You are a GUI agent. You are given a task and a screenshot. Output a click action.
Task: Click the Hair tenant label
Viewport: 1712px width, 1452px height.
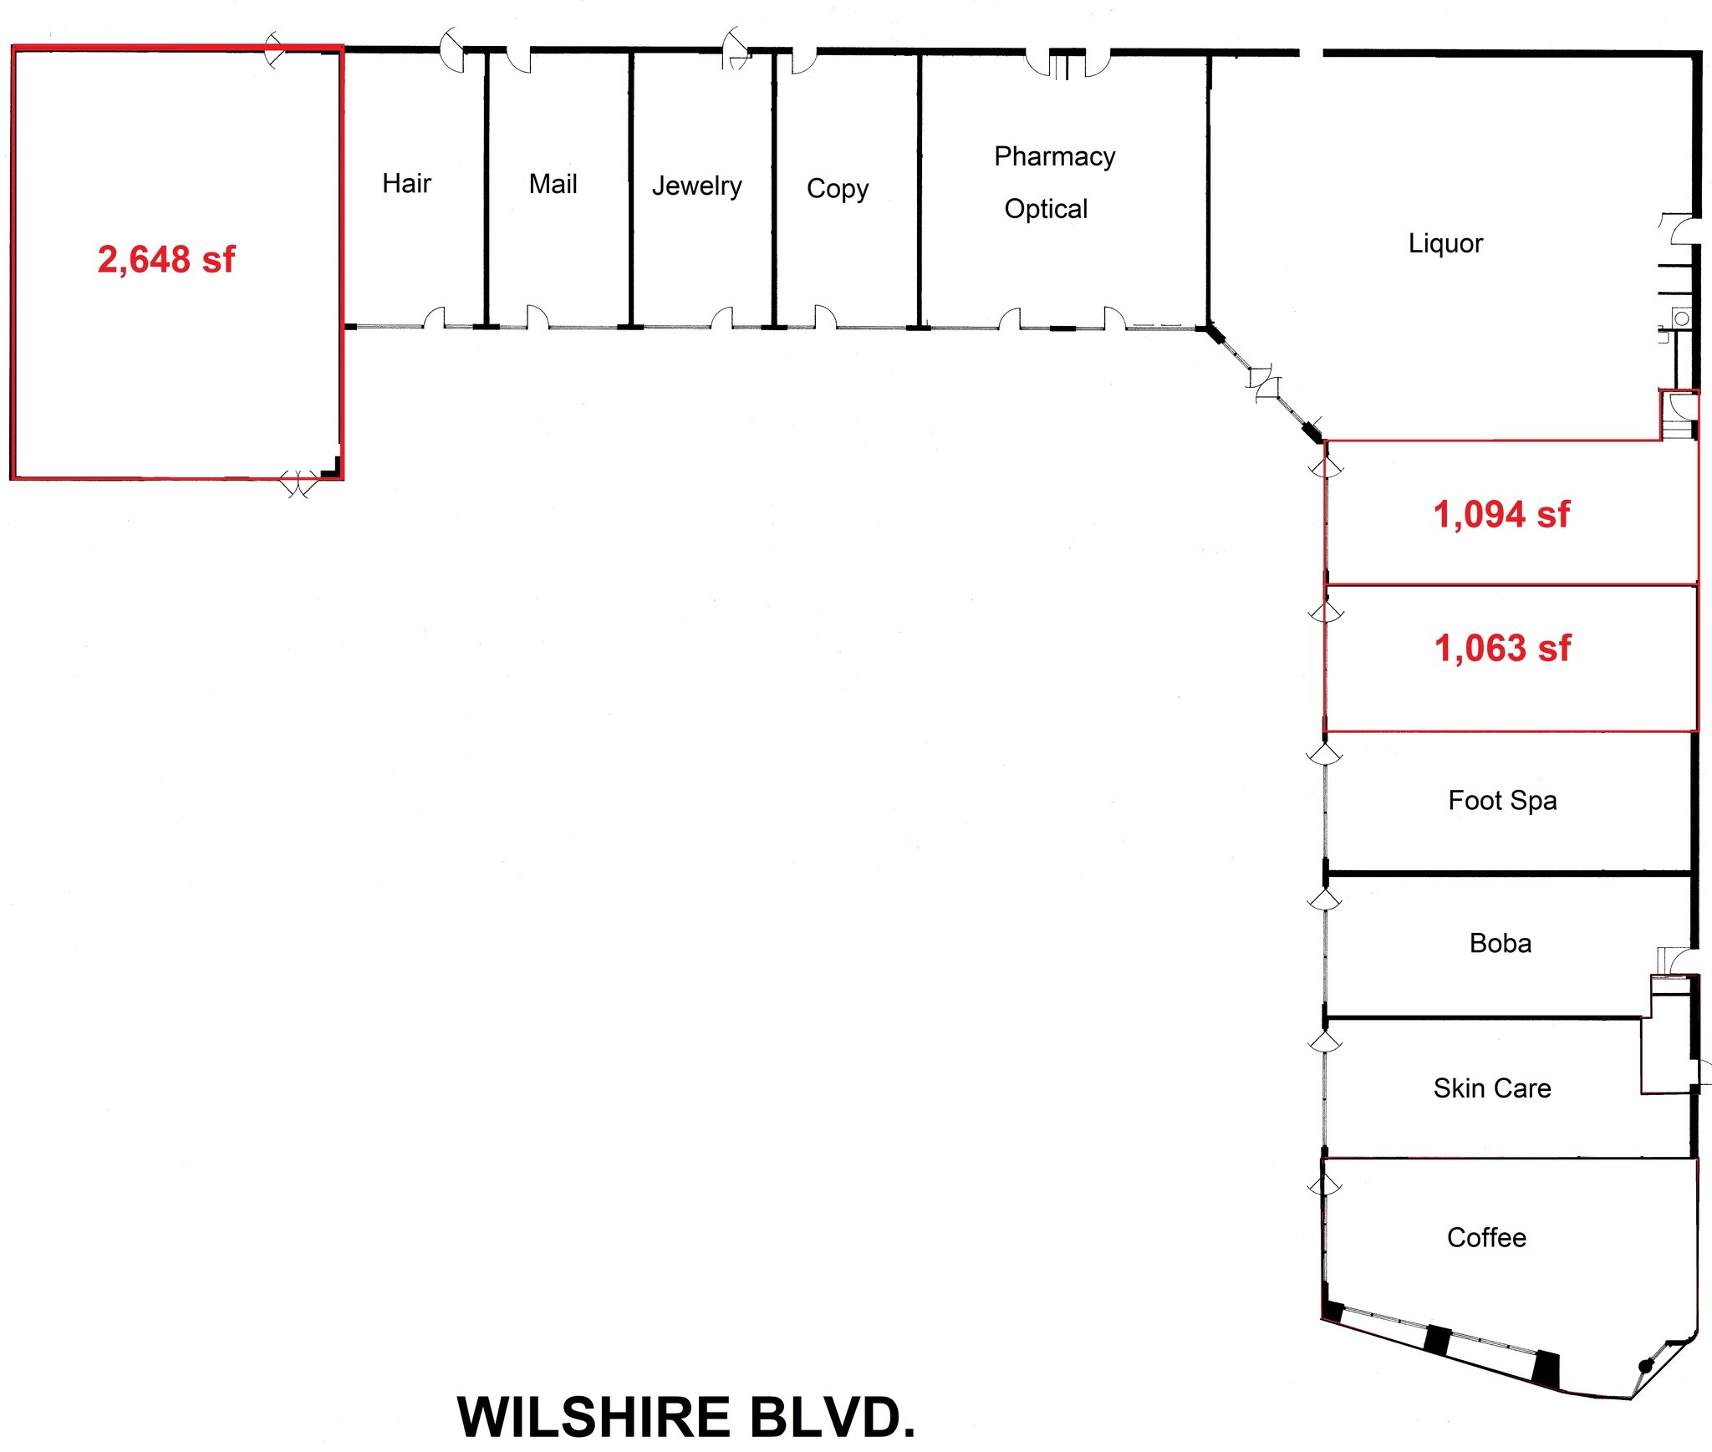406,183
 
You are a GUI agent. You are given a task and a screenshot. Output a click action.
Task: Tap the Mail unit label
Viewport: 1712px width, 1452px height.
553,184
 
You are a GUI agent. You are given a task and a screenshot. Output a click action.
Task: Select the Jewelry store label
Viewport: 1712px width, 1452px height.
696,186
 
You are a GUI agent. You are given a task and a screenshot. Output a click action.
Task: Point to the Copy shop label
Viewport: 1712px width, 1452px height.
838,189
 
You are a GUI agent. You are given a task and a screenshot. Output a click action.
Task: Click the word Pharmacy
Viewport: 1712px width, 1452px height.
1054,157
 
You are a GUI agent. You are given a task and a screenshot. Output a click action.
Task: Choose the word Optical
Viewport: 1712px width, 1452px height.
1046,209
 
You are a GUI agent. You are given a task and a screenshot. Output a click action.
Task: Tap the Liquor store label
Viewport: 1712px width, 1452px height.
1445,243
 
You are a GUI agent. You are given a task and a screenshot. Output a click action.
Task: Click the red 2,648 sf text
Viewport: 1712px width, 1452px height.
166,259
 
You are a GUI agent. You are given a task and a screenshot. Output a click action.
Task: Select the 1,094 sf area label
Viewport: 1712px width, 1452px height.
1501,514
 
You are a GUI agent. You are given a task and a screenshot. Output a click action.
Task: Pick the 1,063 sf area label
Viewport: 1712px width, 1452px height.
1502,648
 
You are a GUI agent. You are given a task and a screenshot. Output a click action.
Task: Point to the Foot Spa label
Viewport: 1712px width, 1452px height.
1502,801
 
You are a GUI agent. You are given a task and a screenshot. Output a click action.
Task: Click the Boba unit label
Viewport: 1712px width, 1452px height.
1501,944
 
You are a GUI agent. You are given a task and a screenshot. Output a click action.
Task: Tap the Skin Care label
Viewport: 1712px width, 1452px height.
1492,1088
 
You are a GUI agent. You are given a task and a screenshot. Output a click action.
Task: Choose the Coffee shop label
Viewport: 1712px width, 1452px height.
1486,1238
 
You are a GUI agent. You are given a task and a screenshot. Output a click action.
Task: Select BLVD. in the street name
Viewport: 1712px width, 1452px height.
833,1418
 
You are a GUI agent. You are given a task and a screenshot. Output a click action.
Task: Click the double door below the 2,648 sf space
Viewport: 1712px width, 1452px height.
298,483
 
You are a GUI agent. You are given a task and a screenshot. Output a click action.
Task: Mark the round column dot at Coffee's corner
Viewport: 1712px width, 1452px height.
1645,1366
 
